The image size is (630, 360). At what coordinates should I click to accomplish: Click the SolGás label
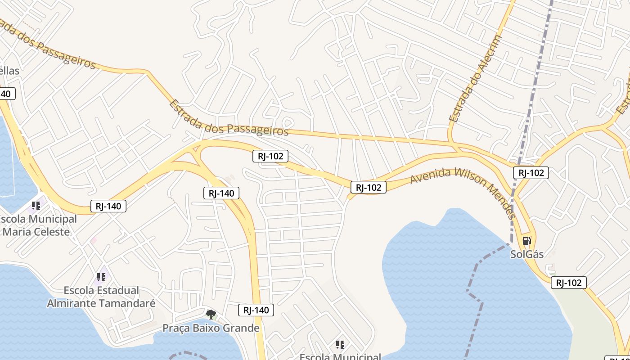526,254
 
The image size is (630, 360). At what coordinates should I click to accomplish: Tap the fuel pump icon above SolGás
527,241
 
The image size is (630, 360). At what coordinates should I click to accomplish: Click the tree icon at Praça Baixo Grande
210,314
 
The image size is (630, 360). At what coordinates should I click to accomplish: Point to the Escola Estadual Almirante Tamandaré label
101,297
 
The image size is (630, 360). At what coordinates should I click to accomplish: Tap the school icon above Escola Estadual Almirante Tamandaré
101,277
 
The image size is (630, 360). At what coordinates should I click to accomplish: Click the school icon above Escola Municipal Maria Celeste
36,206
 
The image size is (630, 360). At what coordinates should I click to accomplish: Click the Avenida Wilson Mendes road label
463,189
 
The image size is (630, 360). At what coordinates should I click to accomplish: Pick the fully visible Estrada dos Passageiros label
228,118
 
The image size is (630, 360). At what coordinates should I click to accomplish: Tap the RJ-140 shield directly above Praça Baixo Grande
256,310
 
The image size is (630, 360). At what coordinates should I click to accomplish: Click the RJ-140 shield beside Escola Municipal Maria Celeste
108,206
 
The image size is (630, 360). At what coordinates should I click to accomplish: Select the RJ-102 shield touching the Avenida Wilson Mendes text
369,187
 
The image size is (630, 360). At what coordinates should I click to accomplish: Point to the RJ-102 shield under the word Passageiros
270,156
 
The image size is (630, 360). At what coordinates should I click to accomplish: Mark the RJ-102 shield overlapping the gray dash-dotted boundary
531,172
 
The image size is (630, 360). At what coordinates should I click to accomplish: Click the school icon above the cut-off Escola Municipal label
340,345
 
